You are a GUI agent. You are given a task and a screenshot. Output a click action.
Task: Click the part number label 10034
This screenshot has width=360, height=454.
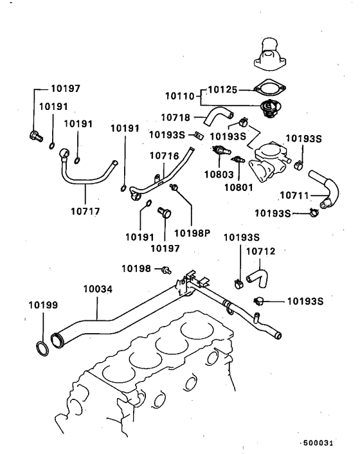97,290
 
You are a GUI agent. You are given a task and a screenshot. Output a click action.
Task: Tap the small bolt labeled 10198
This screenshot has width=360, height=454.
165,268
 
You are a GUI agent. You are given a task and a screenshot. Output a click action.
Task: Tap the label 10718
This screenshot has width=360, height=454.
175,118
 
